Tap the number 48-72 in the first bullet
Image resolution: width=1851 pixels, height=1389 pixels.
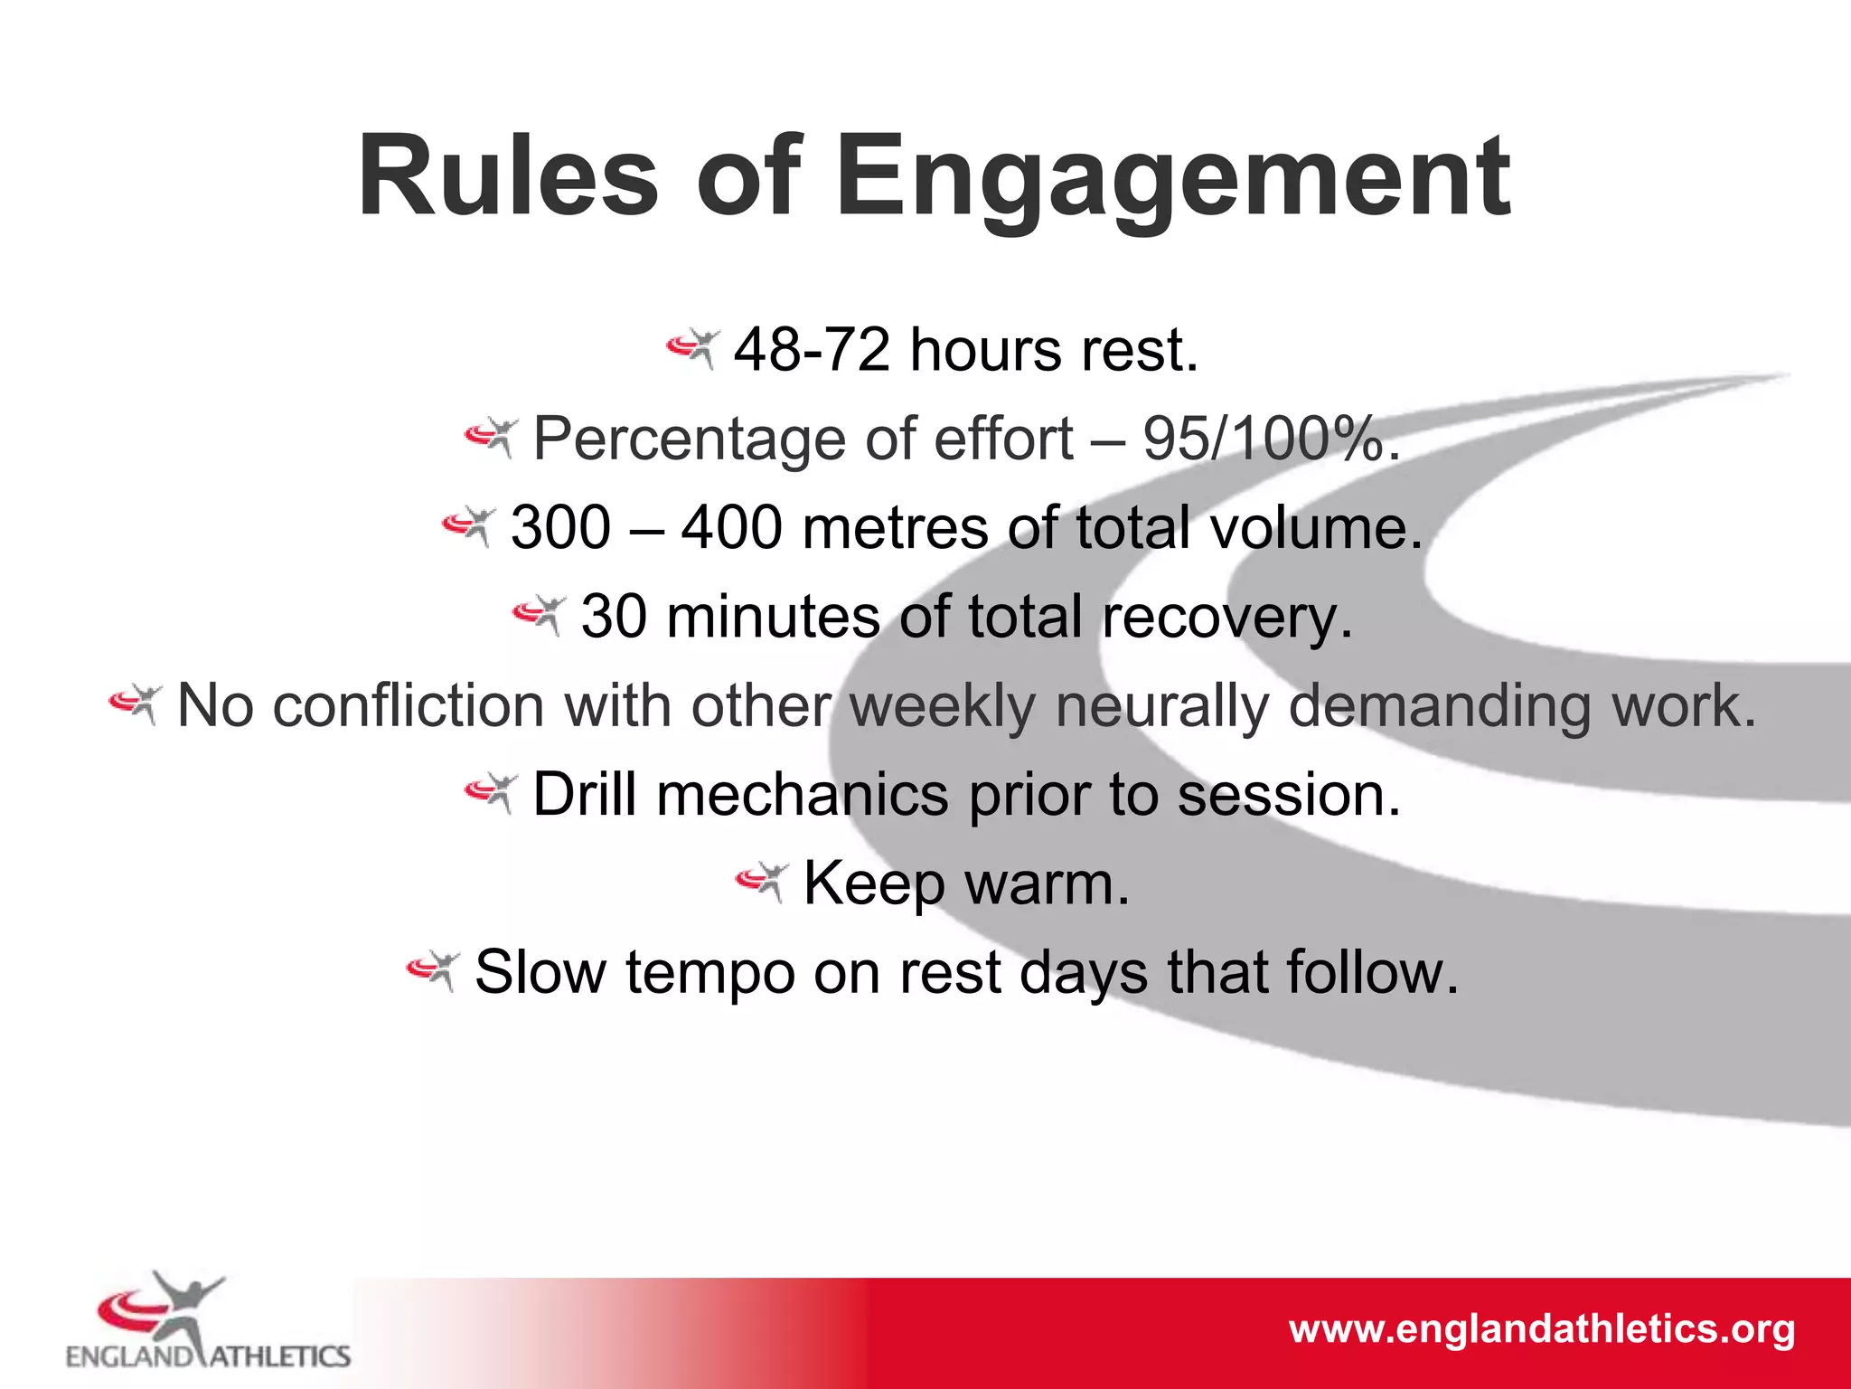pos(812,350)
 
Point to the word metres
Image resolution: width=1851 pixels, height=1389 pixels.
pos(895,528)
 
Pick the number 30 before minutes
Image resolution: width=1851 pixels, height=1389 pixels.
pos(614,617)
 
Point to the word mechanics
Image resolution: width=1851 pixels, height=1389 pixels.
pos(803,795)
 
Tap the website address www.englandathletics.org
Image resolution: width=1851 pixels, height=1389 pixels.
pos(1541,1329)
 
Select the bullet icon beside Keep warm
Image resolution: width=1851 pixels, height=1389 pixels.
pos(762,880)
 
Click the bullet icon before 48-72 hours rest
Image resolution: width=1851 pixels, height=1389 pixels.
pos(692,347)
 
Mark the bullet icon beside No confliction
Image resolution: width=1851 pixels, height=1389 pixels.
pos(136,703)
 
